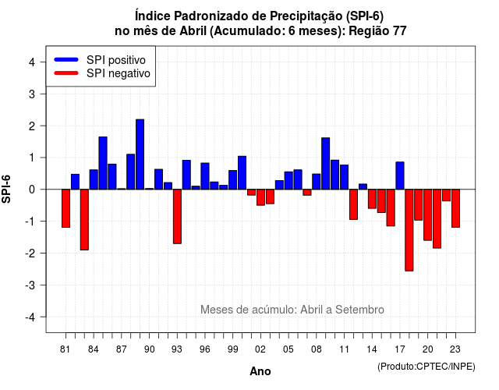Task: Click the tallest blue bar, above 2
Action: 140,154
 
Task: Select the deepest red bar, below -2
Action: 409,230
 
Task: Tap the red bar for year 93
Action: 177,217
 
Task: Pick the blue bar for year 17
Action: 400,175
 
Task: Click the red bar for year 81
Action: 65,208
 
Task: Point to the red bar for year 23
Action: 455,208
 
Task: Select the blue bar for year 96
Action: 205,176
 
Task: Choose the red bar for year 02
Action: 260,197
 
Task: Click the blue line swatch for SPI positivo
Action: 66,59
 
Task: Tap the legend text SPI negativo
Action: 119,73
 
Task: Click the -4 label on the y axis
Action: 30,317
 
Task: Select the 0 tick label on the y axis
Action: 32,190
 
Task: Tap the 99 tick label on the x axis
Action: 232,349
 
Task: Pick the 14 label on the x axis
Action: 372,349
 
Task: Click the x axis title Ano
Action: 260,371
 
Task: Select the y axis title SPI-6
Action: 6,189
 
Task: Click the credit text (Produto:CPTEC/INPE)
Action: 426,367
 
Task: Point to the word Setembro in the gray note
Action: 359,310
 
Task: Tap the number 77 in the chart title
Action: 400,31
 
